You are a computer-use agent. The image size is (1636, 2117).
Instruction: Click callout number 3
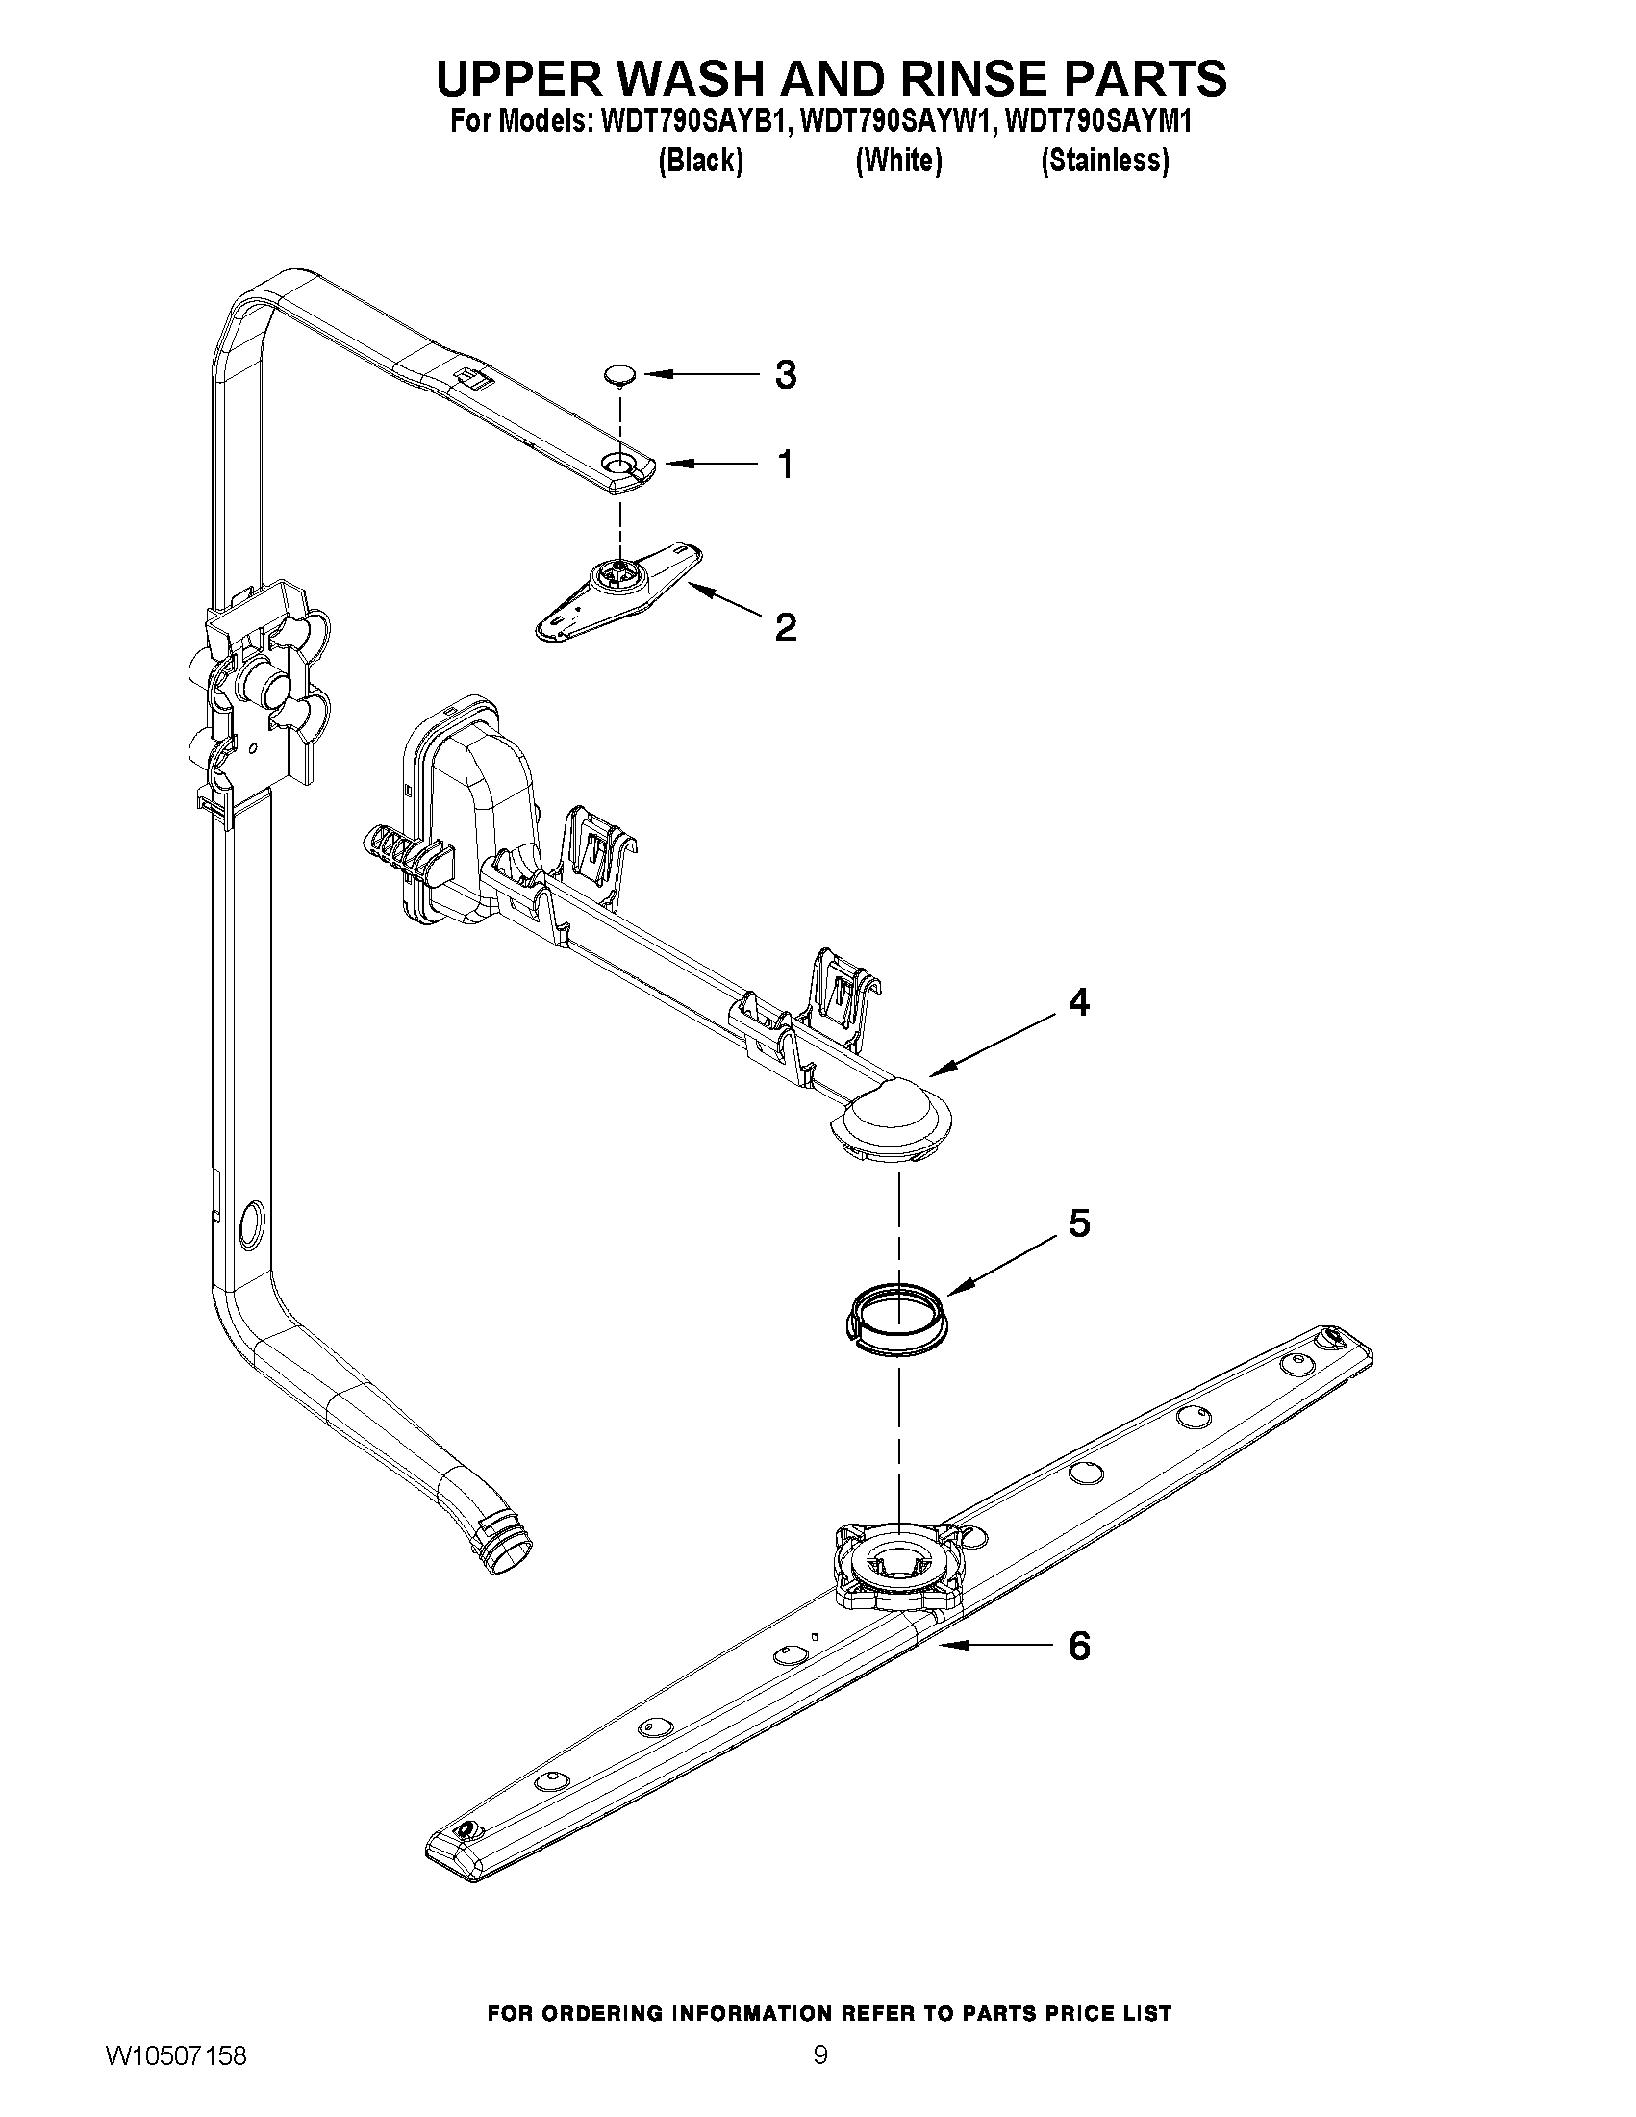[785, 374]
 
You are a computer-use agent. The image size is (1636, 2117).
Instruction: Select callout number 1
[786, 465]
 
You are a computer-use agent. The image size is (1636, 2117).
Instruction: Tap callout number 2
[785, 627]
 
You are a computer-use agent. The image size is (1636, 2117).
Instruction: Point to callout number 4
[1079, 1002]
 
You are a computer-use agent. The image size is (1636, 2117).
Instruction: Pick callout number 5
[1079, 1223]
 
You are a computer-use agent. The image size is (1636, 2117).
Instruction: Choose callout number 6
[1079, 1645]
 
